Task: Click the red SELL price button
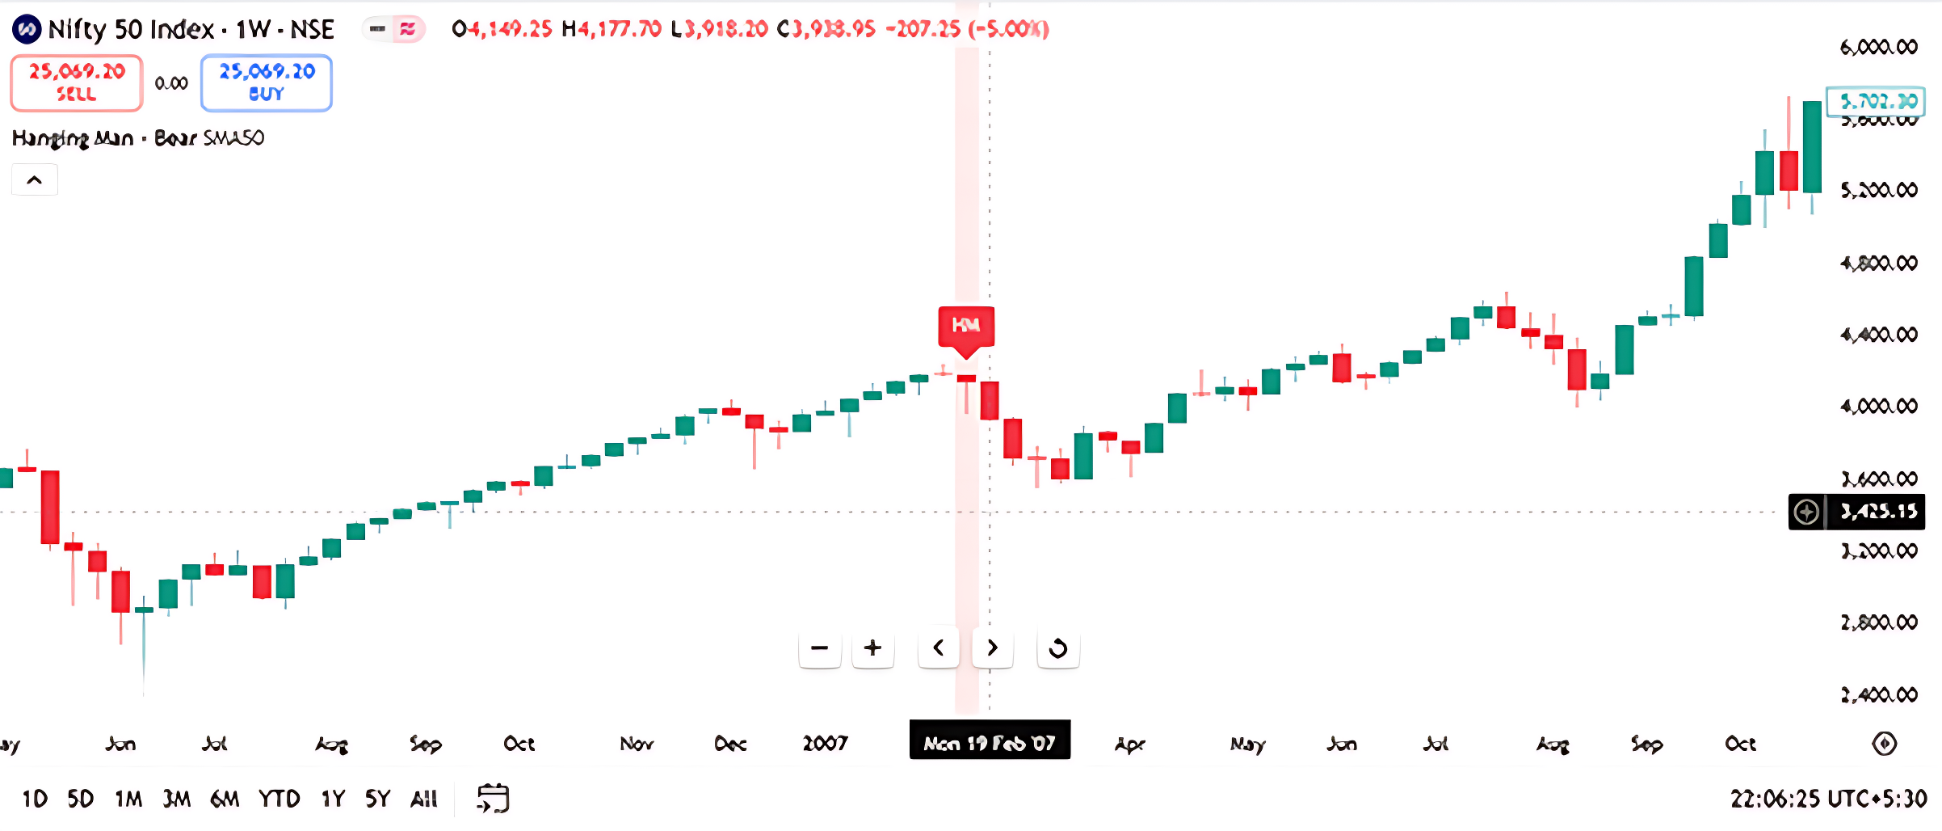[x=77, y=82]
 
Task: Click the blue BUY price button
[x=266, y=82]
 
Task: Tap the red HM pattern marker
[x=966, y=327]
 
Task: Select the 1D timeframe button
[x=35, y=799]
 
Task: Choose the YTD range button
[x=279, y=799]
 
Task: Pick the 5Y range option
[x=377, y=799]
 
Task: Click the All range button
[x=424, y=799]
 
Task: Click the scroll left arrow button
[x=938, y=648]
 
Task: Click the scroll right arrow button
[x=993, y=648]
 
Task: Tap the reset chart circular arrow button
[x=1057, y=648]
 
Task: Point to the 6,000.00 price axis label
[x=1878, y=47]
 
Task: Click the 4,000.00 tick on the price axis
[x=1878, y=406]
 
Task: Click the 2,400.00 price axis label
[x=1878, y=694]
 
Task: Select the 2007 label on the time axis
[x=825, y=743]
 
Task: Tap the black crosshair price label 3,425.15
[x=1877, y=512]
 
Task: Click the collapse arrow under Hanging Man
[x=35, y=179]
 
